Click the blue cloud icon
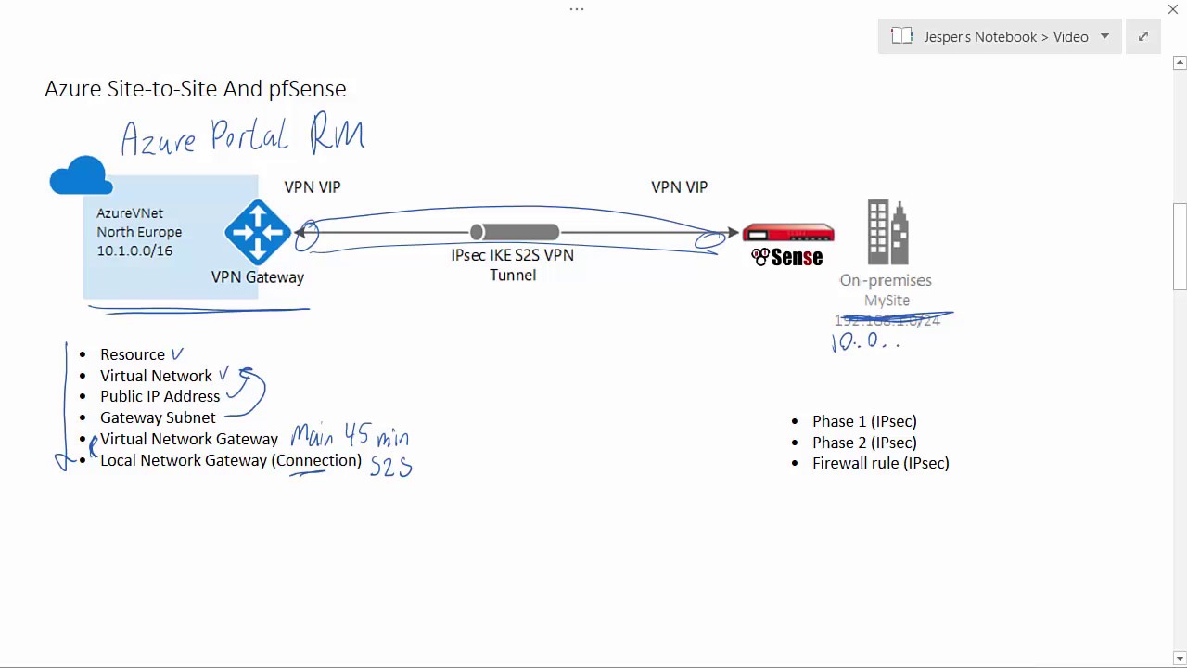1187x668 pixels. click(82, 175)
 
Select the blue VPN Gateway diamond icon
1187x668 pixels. click(258, 232)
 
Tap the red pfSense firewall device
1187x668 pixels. click(788, 234)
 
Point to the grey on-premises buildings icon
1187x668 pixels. click(887, 232)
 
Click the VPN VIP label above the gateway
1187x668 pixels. click(313, 186)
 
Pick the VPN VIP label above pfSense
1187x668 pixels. click(680, 186)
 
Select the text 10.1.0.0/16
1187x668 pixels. click(134, 250)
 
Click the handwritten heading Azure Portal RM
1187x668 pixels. click(243, 136)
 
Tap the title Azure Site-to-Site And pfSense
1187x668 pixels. click(196, 88)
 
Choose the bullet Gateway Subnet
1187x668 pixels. click(158, 417)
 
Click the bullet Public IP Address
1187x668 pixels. click(160, 396)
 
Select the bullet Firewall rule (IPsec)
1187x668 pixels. click(881, 463)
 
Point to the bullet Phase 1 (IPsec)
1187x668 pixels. click(864, 421)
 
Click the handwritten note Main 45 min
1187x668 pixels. click(350, 435)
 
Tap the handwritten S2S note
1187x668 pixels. click(390, 466)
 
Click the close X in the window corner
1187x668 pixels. click(1173, 9)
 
